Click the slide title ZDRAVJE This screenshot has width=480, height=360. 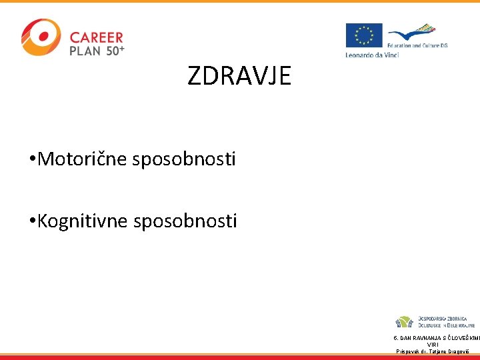239,77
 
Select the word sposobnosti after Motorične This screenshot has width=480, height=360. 184,160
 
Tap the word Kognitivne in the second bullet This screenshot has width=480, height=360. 84,221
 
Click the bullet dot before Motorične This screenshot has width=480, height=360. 32,160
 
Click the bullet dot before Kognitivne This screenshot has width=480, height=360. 32,221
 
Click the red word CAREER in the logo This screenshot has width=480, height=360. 97,38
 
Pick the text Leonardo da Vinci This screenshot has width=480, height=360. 372,55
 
